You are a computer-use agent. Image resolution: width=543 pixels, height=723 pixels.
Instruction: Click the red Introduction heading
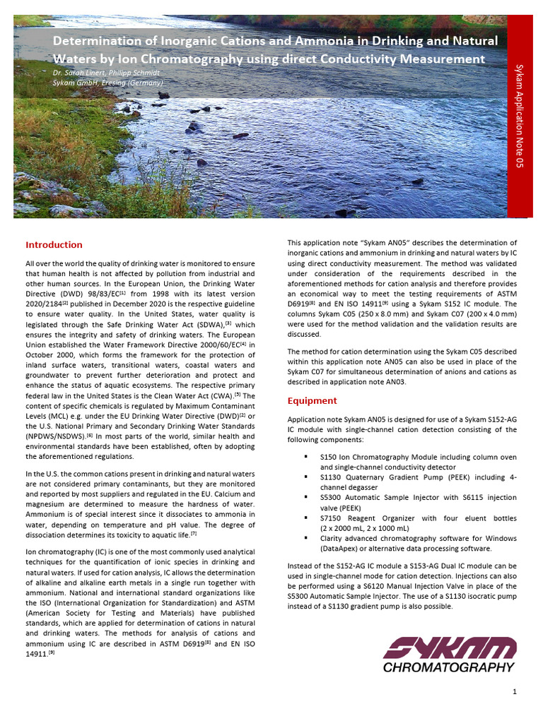pos(54,245)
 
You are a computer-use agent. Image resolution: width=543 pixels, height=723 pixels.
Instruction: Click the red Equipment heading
pos(312,400)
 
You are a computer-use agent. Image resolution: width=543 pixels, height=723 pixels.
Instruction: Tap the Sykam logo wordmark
pos(450,648)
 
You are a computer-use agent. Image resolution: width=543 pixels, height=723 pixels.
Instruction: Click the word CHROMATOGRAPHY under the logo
pos(449,667)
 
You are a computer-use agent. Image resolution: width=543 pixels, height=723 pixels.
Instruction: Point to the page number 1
pos(515,692)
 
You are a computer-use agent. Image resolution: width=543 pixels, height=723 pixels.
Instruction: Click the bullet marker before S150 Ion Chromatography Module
pos(305,457)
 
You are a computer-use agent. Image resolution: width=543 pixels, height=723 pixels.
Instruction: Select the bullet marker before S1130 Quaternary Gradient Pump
pos(305,477)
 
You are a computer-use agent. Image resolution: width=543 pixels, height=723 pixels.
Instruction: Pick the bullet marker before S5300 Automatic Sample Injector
pos(305,497)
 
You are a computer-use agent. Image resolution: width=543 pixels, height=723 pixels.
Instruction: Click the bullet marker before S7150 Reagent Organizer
pos(305,518)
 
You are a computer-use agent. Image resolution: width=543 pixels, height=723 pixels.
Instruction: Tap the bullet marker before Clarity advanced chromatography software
pos(305,538)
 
